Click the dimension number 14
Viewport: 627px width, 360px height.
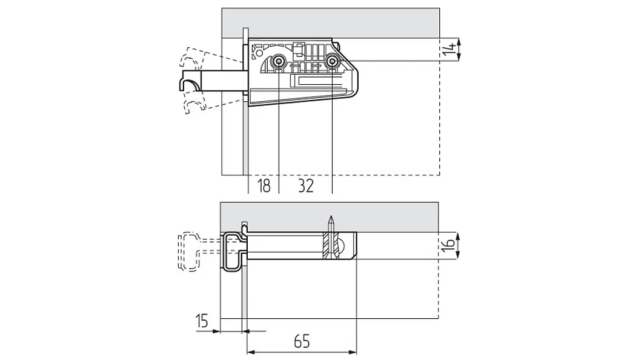450,49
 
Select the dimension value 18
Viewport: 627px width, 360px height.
264,186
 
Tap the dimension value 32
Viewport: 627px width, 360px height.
306,186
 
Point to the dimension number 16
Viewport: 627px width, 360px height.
450,245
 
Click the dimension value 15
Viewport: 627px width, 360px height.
202,321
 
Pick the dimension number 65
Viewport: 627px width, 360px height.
302,342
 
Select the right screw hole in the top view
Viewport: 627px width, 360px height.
332,61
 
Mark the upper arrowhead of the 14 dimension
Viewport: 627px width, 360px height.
458,42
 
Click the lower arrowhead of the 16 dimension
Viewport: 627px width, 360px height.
458,256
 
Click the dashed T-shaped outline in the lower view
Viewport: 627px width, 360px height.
189,252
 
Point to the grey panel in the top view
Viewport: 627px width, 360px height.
331,23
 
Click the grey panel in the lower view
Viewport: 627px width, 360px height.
330,217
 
